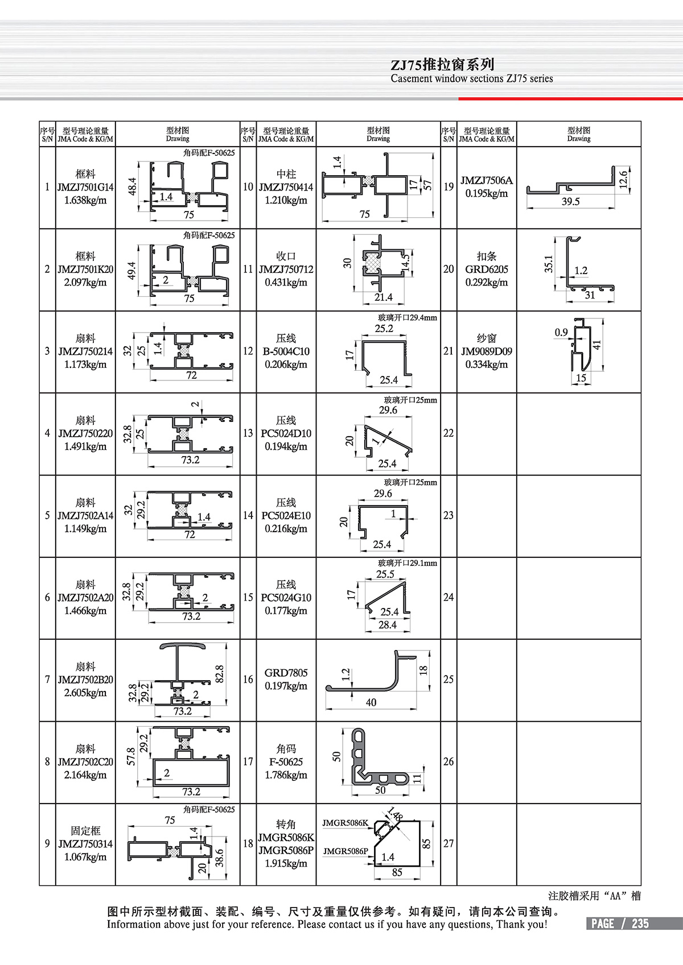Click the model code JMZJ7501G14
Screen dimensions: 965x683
coord(85,187)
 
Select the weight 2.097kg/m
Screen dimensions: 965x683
coord(85,283)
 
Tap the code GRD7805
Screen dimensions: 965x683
coord(286,673)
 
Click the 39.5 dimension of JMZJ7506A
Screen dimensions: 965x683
coord(570,201)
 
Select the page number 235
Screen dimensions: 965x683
coord(640,923)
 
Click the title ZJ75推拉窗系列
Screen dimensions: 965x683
coord(442,64)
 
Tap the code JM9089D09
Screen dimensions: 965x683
coord(487,351)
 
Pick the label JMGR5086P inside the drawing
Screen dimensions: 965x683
coord(345,851)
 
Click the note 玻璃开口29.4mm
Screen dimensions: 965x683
coord(408,317)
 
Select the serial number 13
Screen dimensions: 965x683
coord(248,433)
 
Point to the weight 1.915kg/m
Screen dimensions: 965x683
coord(286,863)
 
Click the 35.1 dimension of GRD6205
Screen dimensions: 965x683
coord(549,263)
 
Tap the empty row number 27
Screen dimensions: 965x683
coord(449,843)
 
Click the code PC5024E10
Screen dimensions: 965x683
coord(286,516)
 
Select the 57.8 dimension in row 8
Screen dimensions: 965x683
coord(131,757)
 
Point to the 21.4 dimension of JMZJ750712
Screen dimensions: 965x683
coord(383,297)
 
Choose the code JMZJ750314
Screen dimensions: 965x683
coord(85,844)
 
